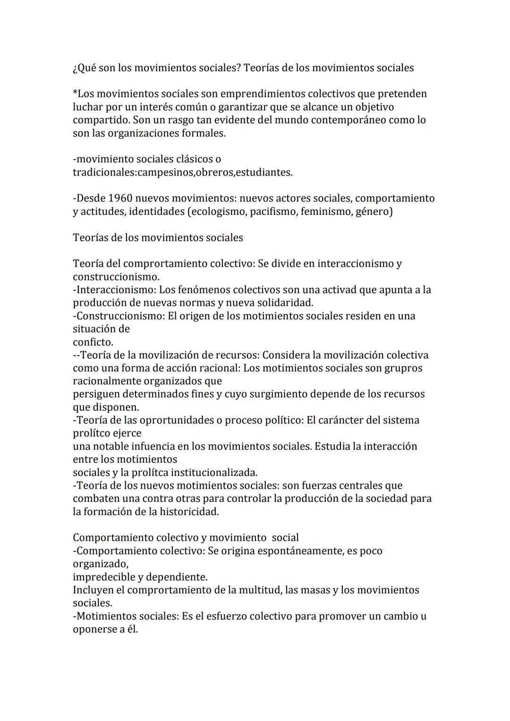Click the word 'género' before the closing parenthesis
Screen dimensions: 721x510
click(x=371, y=212)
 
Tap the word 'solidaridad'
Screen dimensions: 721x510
click(x=285, y=303)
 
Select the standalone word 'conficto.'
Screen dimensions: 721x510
click(x=93, y=342)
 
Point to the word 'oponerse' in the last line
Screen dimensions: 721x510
click(x=94, y=629)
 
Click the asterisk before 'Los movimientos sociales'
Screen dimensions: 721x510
click(x=75, y=93)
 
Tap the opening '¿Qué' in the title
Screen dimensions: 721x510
click(x=84, y=68)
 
